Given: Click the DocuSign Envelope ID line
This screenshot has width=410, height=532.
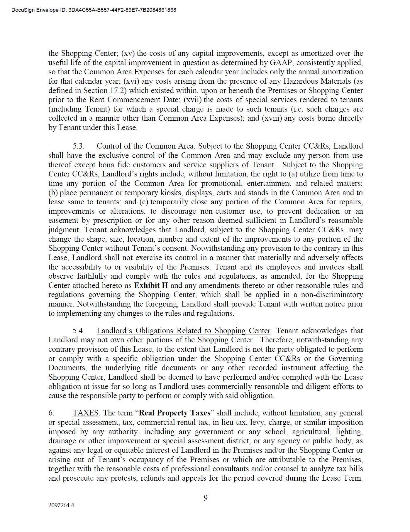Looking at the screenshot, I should (94, 10).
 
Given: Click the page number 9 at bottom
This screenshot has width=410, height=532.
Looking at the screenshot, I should (205, 498).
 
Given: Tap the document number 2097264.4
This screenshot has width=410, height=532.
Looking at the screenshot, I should (61, 505).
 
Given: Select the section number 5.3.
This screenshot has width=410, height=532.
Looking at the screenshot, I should (79, 146).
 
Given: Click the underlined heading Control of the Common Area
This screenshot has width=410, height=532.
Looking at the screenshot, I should (145, 146).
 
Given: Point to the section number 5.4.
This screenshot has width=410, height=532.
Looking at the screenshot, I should (79, 331).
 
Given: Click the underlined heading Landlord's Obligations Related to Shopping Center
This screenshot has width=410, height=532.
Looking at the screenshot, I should (183, 331).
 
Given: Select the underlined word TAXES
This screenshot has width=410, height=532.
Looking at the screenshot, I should (85, 413).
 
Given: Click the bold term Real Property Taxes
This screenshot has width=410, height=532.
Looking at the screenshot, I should (174, 413).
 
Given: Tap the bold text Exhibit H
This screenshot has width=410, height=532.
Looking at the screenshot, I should (151, 285).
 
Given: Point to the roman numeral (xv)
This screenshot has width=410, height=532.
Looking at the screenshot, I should (128, 53).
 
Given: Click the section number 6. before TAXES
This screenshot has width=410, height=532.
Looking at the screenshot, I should (51, 413).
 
